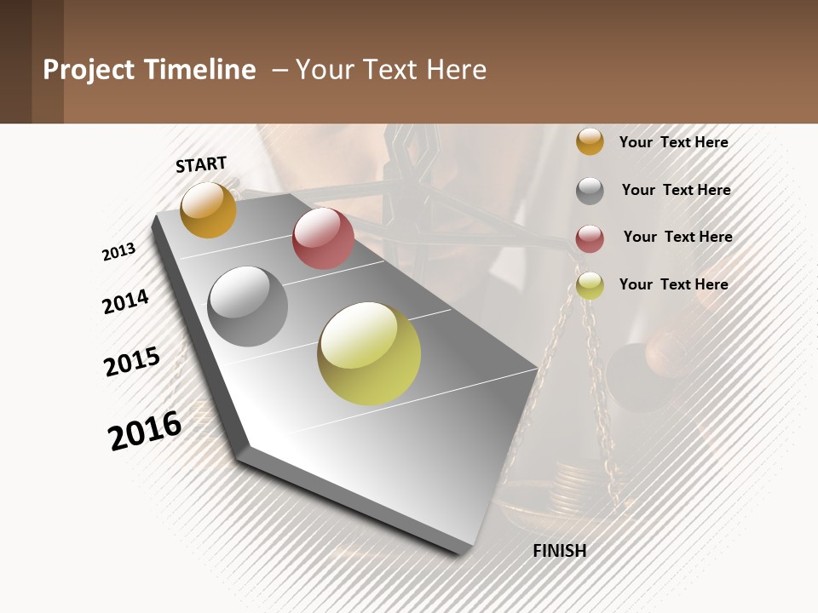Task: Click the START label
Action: pyautogui.click(x=201, y=164)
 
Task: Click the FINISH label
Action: pyautogui.click(x=559, y=551)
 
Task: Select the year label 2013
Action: pyautogui.click(x=118, y=252)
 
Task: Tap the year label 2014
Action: pyautogui.click(x=125, y=301)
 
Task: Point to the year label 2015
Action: pyautogui.click(x=132, y=362)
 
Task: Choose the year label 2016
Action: pyautogui.click(x=145, y=431)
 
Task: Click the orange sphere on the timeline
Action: pyautogui.click(x=208, y=209)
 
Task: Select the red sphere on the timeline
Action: pyautogui.click(x=323, y=238)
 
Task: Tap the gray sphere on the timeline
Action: pyautogui.click(x=247, y=306)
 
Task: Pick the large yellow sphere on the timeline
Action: pyautogui.click(x=369, y=353)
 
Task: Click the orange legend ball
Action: pyautogui.click(x=590, y=142)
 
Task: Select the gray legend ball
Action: pyautogui.click(x=590, y=191)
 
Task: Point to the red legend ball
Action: pyautogui.click(x=590, y=238)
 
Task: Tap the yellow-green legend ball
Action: pyautogui.click(x=590, y=286)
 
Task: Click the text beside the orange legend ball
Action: pyautogui.click(x=673, y=142)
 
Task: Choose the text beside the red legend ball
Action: pyautogui.click(x=677, y=237)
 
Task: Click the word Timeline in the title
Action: pyautogui.click(x=199, y=70)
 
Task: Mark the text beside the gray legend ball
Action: pyautogui.click(x=676, y=190)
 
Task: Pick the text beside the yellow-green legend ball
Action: pyautogui.click(x=673, y=284)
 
